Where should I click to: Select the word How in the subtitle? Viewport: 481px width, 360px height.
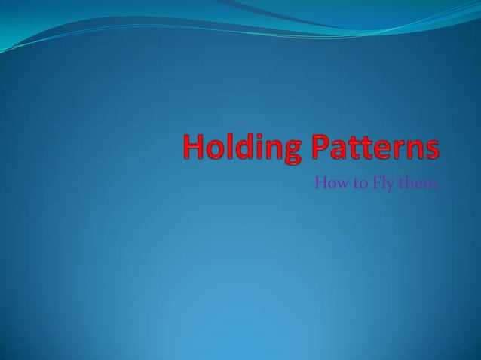click(x=326, y=182)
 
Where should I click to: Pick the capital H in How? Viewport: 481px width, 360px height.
click(x=319, y=182)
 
